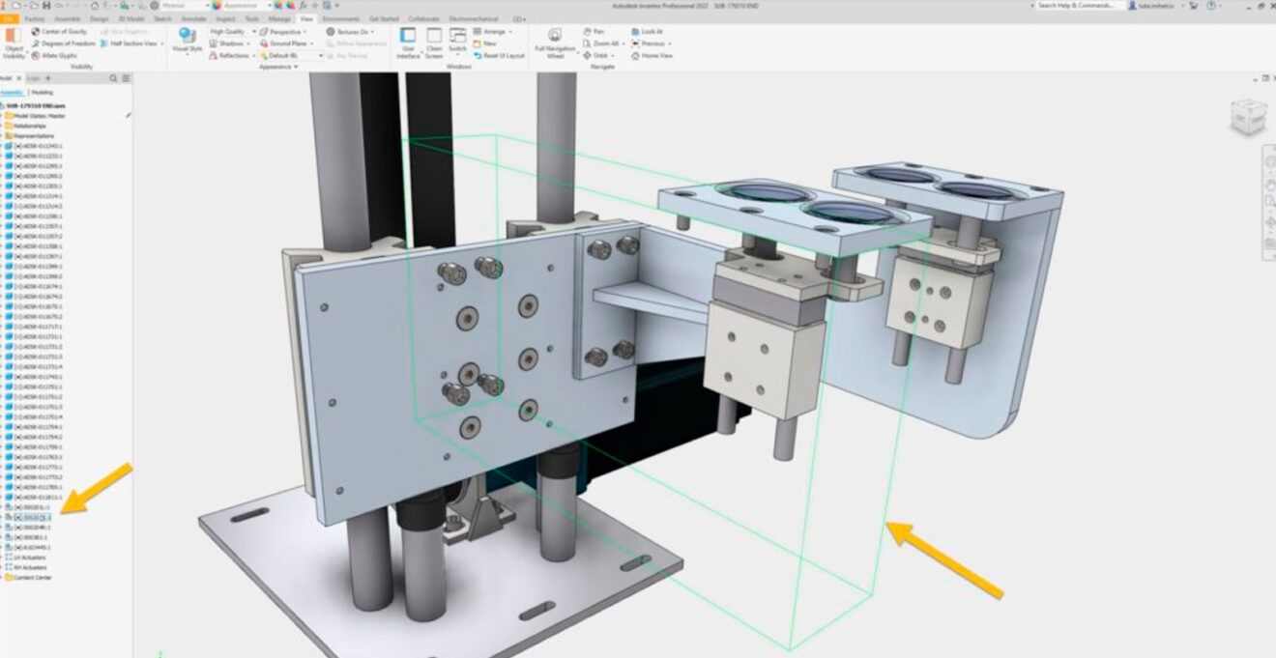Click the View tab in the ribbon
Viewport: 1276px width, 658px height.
(x=306, y=18)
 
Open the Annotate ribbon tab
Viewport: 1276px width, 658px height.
(x=193, y=18)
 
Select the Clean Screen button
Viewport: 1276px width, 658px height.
(x=434, y=43)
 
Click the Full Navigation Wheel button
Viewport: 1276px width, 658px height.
(x=554, y=43)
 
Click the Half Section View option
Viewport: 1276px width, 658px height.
(x=130, y=43)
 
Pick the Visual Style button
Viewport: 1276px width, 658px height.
(x=187, y=43)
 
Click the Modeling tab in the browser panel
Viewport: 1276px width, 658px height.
(x=43, y=92)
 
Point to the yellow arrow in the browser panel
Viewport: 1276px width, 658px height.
(x=96, y=487)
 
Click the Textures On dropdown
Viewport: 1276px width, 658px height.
(x=349, y=32)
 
